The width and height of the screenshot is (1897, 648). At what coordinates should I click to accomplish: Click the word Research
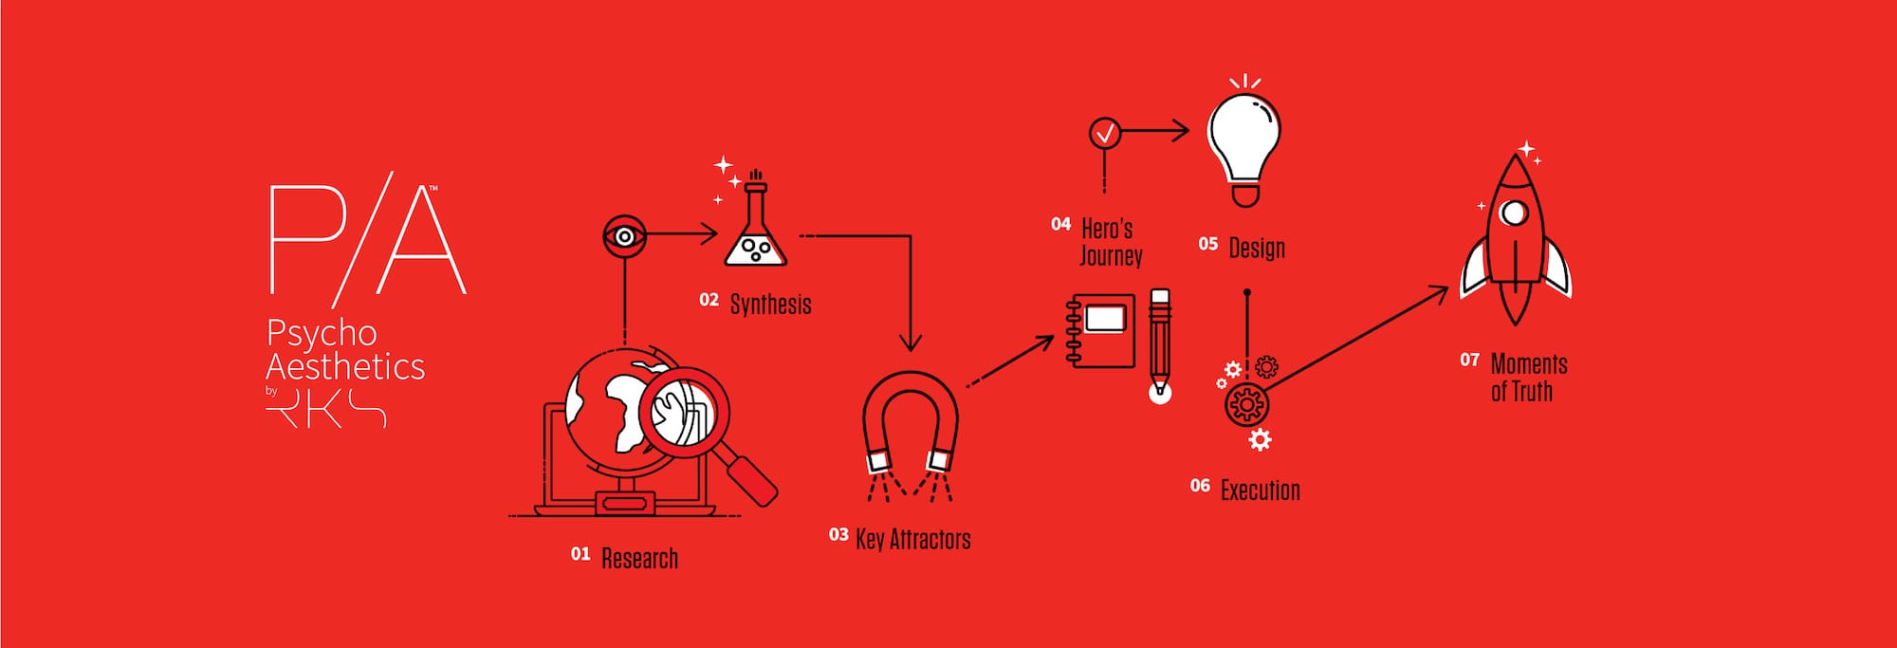pos(639,558)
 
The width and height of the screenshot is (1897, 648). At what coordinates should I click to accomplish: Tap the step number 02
pos(709,300)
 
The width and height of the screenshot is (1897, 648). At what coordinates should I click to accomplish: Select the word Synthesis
pos(770,304)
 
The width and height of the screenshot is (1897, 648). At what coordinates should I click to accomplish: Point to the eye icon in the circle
pos(624,235)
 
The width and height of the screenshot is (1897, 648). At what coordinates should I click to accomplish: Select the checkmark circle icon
pos(1105,133)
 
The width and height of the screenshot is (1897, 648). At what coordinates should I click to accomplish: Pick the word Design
pos(1257,248)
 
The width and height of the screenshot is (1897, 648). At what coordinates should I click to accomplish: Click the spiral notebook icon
pos(1100,330)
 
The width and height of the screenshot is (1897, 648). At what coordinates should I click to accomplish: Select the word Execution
pos(1260,491)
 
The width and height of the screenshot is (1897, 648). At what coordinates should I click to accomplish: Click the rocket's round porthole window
pos(1514,212)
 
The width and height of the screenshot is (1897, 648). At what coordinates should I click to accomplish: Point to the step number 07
pos(1469,360)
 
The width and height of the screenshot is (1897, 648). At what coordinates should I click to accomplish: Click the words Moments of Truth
pos(1528,378)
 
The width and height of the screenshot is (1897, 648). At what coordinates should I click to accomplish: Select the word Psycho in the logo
pos(322,333)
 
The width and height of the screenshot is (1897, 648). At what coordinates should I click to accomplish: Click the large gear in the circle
pos(1246,405)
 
